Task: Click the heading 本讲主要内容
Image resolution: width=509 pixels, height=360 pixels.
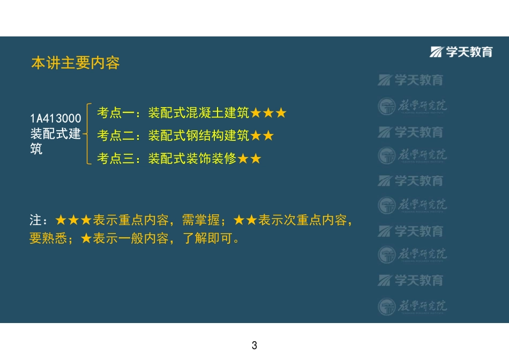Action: (x=76, y=63)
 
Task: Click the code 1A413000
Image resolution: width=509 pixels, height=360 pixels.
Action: (x=56, y=118)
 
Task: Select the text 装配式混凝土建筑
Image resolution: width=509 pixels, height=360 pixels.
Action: (x=198, y=113)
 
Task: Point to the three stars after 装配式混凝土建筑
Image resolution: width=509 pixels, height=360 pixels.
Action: (x=268, y=113)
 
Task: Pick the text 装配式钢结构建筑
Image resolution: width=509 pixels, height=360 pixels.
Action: (x=198, y=136)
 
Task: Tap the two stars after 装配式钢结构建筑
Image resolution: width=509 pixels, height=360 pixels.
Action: (x=262, y=136)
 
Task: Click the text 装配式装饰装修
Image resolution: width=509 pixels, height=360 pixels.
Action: (x=192, y=159)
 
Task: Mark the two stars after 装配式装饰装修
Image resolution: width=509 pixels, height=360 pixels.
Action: (x=249, y=159)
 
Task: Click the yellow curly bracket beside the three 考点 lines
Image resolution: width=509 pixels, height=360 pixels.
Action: (x=89, y=134)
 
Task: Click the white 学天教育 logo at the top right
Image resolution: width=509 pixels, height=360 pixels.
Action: (x=461, y=51)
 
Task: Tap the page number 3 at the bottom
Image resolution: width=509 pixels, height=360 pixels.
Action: (x=254, y=346)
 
